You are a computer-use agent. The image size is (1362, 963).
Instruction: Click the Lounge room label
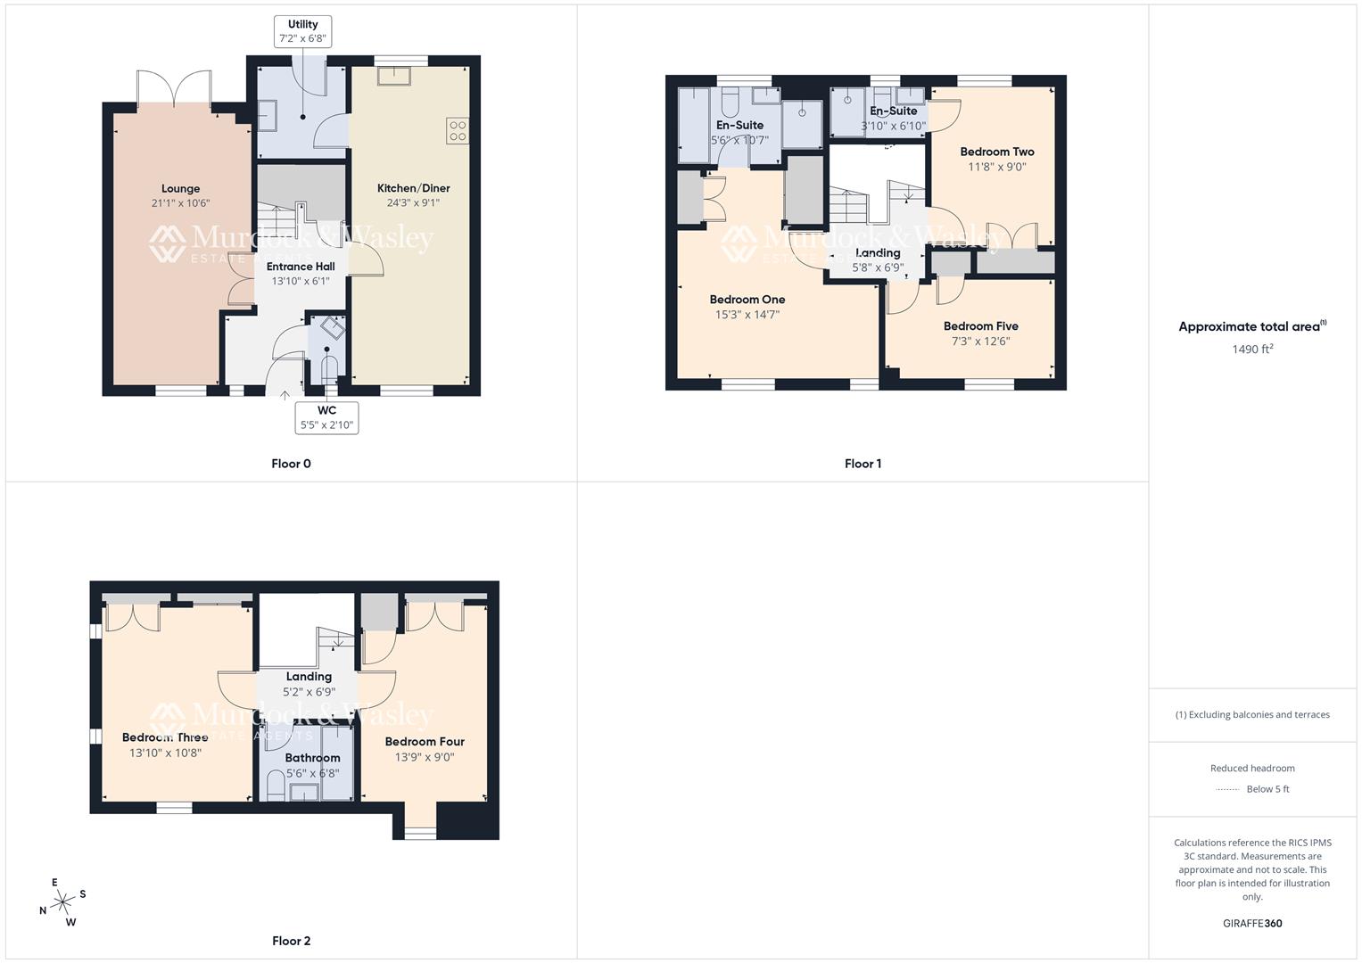coord(180,188)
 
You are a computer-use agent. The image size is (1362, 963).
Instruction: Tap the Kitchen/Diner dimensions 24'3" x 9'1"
coord(413,203)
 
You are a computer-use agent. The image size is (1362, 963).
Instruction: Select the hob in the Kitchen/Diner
coord(457,131)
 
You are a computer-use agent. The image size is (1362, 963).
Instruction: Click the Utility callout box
coord(302,31)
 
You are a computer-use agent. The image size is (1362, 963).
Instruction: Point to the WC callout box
coord(326,417)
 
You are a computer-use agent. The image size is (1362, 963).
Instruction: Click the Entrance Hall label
coord(301,267)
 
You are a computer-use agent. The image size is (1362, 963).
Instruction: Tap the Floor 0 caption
coord(291,464)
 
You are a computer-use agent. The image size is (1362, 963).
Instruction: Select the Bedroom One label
coord(747,300)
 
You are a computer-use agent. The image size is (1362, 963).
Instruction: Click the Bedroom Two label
coord(997,152)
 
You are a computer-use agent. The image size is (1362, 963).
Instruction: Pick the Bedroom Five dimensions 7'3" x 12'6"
coord(980,342)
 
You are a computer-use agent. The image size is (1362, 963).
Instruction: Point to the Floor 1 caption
coord(863,464)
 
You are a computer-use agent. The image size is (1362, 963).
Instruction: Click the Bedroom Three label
coord(165,737)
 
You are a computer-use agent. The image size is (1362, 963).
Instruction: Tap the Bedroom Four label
coord(425,742)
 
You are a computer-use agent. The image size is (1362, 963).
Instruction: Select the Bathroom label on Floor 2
coord(312,758)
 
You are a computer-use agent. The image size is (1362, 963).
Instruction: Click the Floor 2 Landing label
coord(309,677)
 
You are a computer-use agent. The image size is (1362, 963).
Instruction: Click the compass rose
coord(62,902)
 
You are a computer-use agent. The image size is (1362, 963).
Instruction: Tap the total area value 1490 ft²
coord(1252,350)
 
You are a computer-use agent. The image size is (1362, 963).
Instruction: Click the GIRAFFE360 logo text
coord(1252,924)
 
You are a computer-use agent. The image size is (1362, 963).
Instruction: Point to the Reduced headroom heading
coord(1252,769)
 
